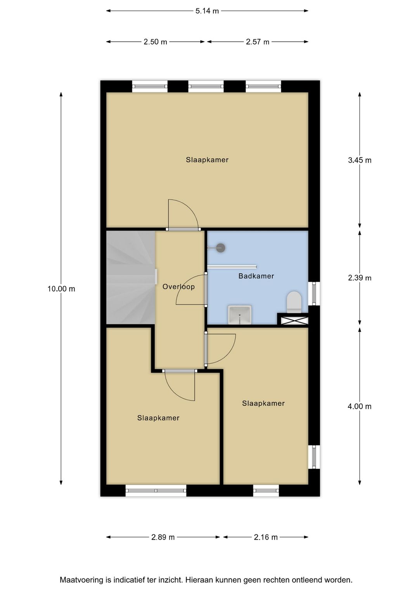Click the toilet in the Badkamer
click(294, 302)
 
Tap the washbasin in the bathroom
click(240, 314)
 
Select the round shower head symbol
click(220, 248)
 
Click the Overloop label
click(178, 287)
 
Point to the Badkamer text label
click(256, 276)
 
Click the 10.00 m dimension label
click(61, 289)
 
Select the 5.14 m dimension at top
click(207, 11)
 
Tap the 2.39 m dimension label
click(360, 278)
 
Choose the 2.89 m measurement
click(163, 537)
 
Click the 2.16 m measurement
click(266, 537)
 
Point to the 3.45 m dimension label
click(360, 160)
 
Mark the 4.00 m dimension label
click(360, 407)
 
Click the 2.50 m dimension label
click(155, 42)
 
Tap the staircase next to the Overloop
click(130, 277)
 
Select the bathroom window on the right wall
click(314, 293)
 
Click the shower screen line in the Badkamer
click(232, 267)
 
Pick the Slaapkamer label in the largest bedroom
click(207, 160)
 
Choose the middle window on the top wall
click(206, 86)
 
